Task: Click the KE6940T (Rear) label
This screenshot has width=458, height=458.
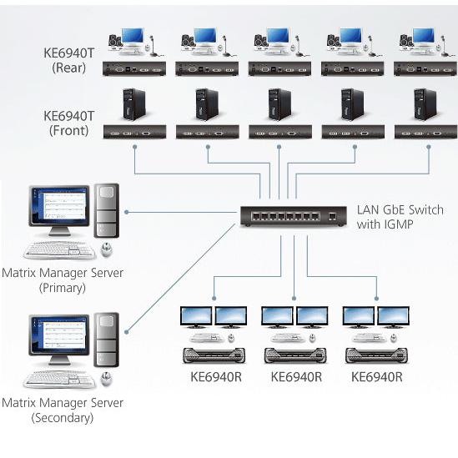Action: tap(69, 60)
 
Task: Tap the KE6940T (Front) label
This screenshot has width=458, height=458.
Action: tap(69, 123)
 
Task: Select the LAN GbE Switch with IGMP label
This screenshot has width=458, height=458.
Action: tap(400, 217)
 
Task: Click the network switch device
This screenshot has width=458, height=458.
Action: tap(294, 216)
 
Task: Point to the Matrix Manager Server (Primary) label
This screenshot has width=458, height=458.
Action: tap(63, 280)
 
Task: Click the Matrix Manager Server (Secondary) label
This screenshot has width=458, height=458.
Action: tap(63, 410)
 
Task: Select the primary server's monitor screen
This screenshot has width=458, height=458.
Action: tap(59, 205)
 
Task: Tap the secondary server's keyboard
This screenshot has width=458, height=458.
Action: tap(59, 380)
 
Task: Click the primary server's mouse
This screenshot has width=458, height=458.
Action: tap(106, 249)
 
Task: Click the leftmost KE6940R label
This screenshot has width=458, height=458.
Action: tap(216, 377)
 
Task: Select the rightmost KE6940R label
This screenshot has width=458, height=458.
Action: tap(377, 377)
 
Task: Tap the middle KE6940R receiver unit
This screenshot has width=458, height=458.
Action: tap(295, 355)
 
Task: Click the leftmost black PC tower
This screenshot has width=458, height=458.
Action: tap(133, 104)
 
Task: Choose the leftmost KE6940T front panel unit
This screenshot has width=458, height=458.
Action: tap(134, 132)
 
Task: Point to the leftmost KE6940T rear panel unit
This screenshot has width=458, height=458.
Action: tap(134, 69)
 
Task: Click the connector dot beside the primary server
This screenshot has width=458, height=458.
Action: tap(127, 212)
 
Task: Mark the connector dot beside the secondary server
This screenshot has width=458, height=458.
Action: tap(127, 332)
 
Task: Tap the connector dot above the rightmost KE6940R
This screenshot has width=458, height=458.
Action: tap(376, 299)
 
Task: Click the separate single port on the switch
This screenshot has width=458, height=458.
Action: tap(332, 217)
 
